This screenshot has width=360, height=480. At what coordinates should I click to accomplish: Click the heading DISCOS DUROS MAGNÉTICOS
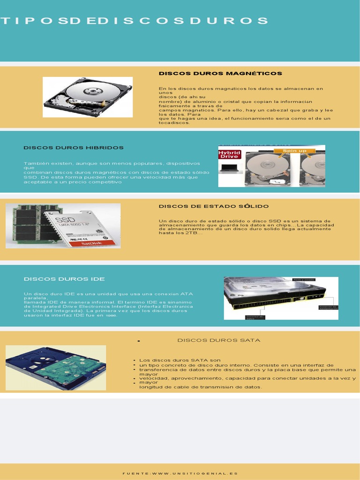pos(220,74)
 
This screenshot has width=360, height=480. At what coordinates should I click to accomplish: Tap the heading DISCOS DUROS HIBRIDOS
pos(74,148)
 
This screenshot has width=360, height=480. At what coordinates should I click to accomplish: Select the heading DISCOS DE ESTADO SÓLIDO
pos(214,206)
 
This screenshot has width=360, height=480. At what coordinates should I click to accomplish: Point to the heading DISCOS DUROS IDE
pos(64,279)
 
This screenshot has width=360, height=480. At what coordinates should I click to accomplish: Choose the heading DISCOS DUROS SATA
pos(218,340)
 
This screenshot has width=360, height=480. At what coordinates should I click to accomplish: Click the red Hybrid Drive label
pos(230,155)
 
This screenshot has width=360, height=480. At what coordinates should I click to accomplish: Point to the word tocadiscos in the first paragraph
pos(174,123)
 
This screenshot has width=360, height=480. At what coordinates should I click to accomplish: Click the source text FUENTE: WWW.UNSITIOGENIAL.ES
pos(180,473)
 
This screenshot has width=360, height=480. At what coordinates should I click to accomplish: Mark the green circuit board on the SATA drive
pos(70,368)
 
